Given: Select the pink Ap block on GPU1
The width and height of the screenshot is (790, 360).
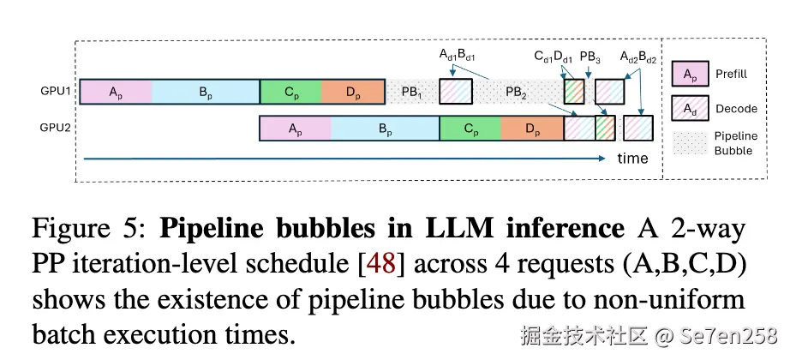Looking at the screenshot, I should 115,92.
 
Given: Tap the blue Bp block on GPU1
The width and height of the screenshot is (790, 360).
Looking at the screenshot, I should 206,92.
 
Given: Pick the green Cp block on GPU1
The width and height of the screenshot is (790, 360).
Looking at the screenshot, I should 290,92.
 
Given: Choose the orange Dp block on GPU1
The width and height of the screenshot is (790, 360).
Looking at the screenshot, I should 353,92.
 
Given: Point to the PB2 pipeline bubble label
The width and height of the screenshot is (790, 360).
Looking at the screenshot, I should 516,92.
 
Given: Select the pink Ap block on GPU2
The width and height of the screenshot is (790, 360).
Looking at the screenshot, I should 295,129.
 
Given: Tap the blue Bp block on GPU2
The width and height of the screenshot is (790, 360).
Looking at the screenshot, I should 385,129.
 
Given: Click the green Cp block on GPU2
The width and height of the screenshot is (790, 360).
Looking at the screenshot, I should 470,129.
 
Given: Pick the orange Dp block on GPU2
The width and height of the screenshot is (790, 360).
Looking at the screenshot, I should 532,129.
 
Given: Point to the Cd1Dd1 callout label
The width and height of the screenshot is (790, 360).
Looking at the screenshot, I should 554,57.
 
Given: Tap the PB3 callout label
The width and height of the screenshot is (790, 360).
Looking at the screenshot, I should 590,57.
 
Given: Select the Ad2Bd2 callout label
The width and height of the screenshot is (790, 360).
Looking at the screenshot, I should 637,57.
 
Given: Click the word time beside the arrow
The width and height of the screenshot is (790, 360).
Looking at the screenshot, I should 632,159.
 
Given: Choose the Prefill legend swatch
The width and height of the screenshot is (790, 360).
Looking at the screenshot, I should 689,75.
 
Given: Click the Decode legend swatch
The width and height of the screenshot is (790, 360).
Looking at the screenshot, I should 689,109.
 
